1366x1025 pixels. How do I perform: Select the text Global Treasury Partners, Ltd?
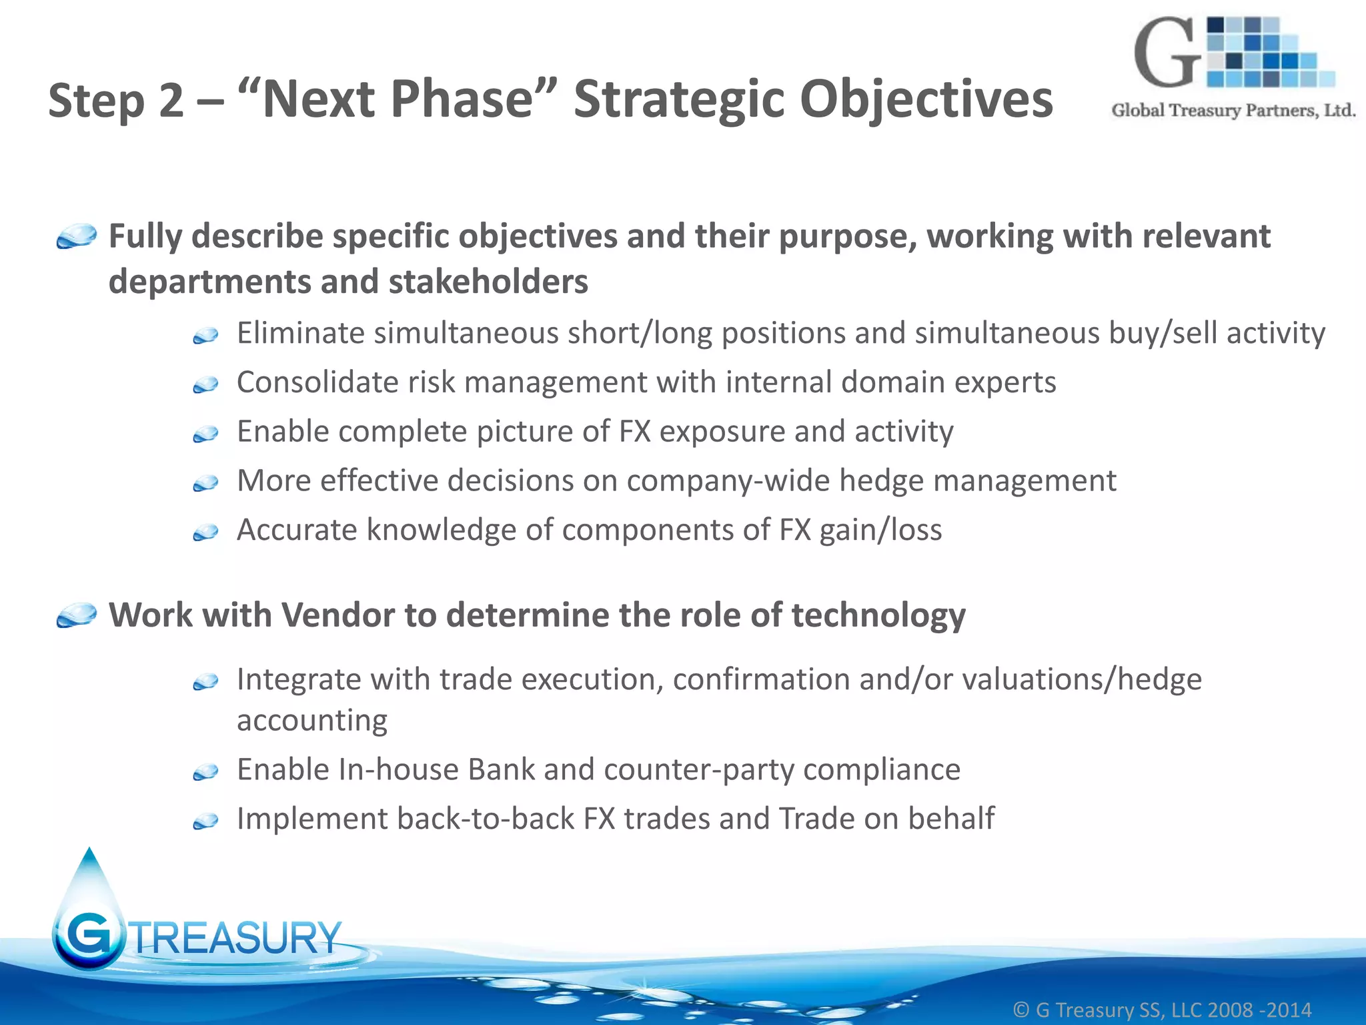[1233, 111]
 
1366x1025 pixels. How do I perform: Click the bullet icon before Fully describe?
[77, 237]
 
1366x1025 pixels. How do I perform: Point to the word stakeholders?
[488, 282]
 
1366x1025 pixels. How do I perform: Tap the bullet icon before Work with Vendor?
[77, 615]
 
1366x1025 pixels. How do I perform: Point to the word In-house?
[398, 769]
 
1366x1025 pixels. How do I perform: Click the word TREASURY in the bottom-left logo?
[237, 938]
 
